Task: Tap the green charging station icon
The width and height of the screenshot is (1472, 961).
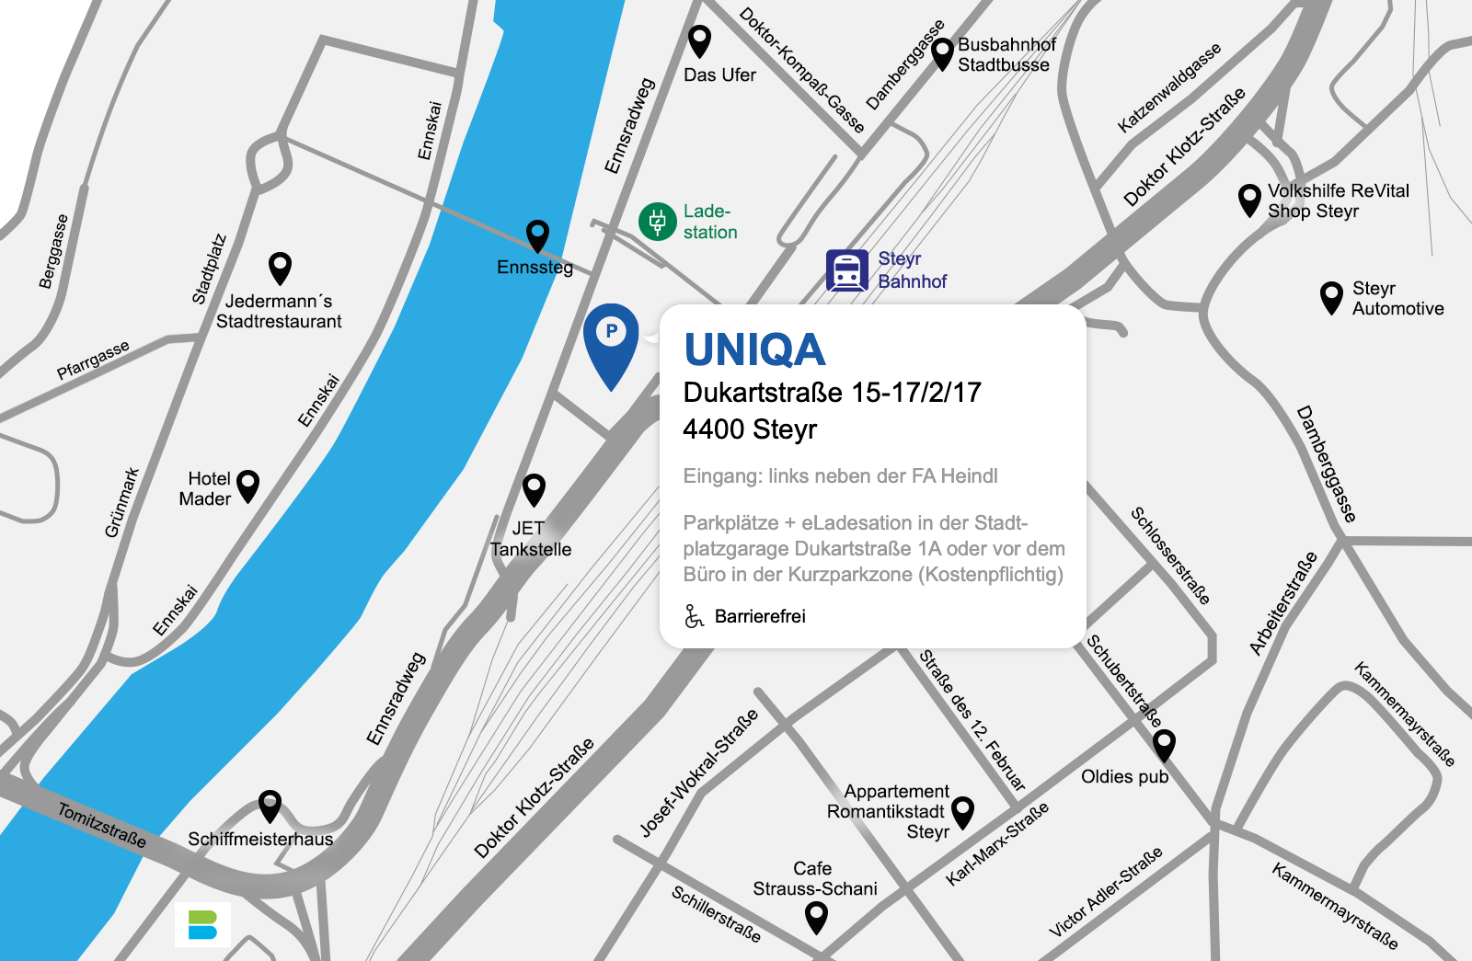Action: point(657,222)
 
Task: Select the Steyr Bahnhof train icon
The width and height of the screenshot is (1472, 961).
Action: point(846,270)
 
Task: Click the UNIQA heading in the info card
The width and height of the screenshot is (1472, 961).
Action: point(754,350)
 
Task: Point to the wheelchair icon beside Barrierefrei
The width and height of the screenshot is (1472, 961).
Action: point(694,616)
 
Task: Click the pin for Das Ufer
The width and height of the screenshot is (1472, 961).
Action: point(700,40)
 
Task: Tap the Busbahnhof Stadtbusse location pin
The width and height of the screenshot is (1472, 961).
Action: point(942,53)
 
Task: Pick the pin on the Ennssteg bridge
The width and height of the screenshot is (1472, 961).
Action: point(537,235)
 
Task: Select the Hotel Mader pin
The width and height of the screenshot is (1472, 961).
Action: point(248,485)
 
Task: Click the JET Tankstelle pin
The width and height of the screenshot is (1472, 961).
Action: point(534,488)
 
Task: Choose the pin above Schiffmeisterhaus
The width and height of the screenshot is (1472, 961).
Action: point(270,805)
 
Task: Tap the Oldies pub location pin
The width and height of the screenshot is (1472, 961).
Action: point(1164,744)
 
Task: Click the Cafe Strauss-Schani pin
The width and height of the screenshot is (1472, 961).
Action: point(816,916)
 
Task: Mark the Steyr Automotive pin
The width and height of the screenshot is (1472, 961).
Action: point(1331,297)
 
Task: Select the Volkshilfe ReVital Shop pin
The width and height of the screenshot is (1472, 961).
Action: point(1249,200)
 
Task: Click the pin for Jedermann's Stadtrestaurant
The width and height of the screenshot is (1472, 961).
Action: point(280,268)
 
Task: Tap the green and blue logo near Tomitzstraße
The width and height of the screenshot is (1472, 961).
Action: point(202,924)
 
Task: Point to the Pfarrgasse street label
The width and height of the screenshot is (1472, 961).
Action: point(93,360)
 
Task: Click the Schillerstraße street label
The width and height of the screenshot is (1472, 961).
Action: point(716,914)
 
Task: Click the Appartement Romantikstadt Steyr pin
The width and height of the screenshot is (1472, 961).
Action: point(962,812)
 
